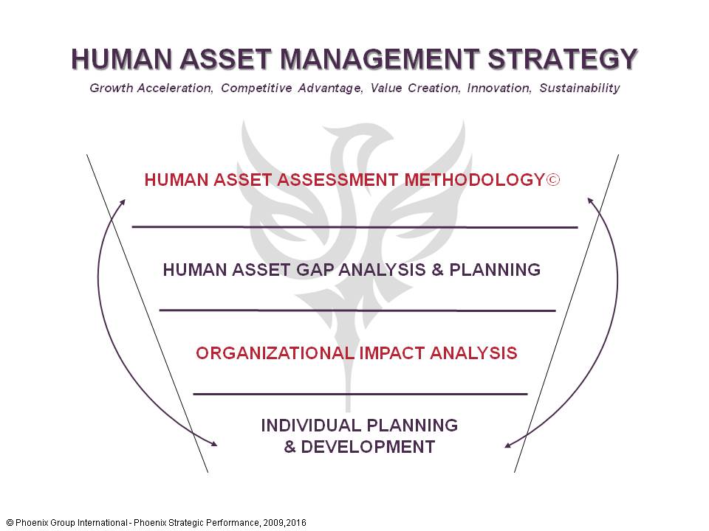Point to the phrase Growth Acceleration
(x=152, y=88)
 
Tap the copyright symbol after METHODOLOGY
(x=552, y=180)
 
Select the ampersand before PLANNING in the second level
(x=436, y=270)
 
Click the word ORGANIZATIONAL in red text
(x=275, y=353)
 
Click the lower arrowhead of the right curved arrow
(x=508, y=445)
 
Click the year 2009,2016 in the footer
(x=283, y=523)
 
